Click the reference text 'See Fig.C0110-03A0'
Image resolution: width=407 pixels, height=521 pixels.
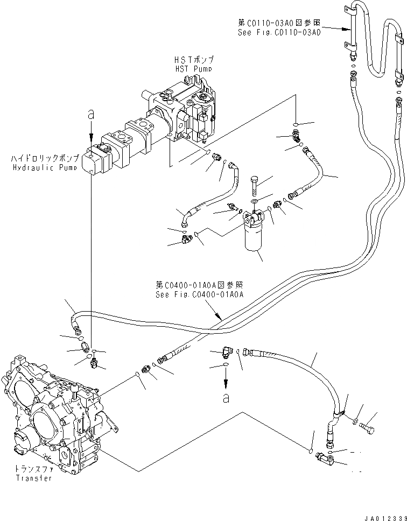pyautogui.click(x=279, y=32)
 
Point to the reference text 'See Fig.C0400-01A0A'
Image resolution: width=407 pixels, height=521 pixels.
pyautogui.click(x=200, y=294)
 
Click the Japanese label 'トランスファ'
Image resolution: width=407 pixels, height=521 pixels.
pyautogui.click(x=33, y=469)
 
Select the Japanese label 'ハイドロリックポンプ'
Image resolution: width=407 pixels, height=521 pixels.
pyautogui.click(x=44, y=159)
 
